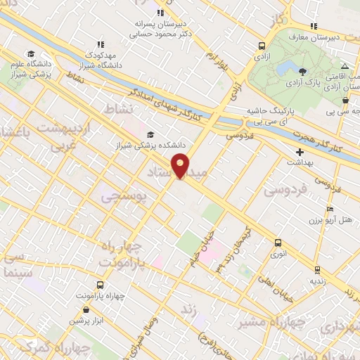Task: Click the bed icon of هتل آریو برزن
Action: click(330, 209)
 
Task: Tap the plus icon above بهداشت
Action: click(300, 151)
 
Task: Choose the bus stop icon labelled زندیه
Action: click(317, 269)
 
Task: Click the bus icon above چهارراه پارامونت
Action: click(99, 285)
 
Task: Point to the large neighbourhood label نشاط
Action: click(118, 110)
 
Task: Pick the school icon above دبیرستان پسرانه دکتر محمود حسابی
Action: click(160, 12)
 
